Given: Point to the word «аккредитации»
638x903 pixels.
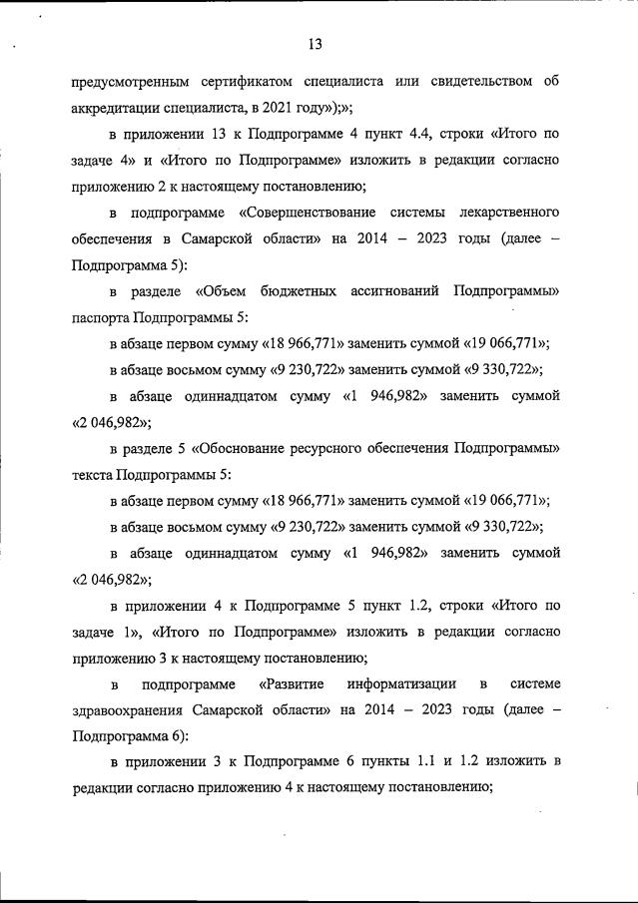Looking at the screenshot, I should tap(120, 107).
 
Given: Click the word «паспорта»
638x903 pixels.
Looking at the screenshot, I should tap(101, 317).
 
